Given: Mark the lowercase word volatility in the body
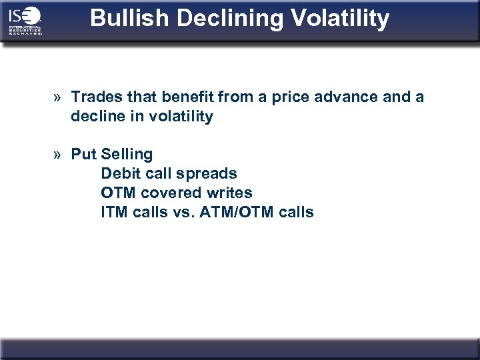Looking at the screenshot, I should coord(179,117).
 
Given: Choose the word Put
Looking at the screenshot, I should coord(84,154).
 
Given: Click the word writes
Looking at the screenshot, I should coord(229,193).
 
